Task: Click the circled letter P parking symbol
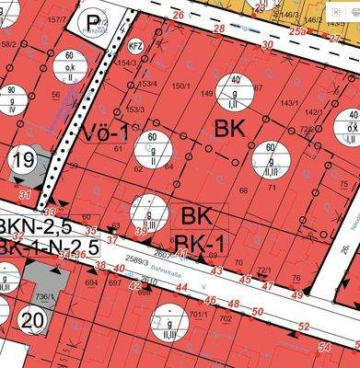pyautogui.click(x=92, y=24)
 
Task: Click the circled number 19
pyautogui.click(x=23, y=160)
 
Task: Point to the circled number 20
pyautogui.click(x=32, y=321)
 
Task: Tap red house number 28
pyautogui.click(x=219, y=29)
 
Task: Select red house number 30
pyautogui.click(x=267, y=44)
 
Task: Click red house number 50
pyautogui.click(x=259, y=311)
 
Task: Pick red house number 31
pyautogui.click(x=25, y=196)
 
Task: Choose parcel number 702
pyautogui.click(x=226, y=318)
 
